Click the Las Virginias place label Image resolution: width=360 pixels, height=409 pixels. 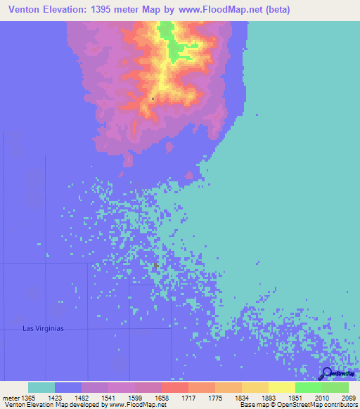click(x=44, y=328)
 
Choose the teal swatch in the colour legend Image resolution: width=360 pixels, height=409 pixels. click(x=41, y=387)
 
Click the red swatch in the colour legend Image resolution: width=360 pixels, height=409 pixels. click(x=174, y=387)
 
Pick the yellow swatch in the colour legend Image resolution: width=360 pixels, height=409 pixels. click(x=281, y=387)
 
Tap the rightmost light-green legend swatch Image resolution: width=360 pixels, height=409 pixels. click(x=335, y=387)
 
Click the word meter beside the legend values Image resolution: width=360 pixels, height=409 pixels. click(x=11, y=397)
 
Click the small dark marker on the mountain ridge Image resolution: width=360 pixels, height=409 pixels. click(x=153, y=98)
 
